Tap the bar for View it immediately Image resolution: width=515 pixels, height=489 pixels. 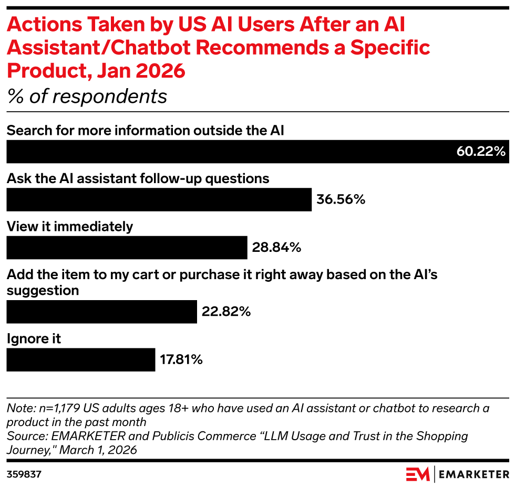127,248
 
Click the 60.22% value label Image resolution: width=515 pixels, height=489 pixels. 481,152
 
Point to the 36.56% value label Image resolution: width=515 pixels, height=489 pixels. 341,200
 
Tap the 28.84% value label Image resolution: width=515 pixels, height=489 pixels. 276,248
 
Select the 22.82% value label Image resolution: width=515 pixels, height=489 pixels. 226,312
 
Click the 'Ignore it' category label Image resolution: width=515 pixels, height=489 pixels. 34,339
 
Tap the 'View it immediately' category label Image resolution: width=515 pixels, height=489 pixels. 70,227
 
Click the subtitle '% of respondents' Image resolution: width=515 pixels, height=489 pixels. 87,97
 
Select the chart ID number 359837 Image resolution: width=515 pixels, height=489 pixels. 24,475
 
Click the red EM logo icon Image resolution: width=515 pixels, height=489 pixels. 418,474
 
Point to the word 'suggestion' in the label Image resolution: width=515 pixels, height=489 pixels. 43,290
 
